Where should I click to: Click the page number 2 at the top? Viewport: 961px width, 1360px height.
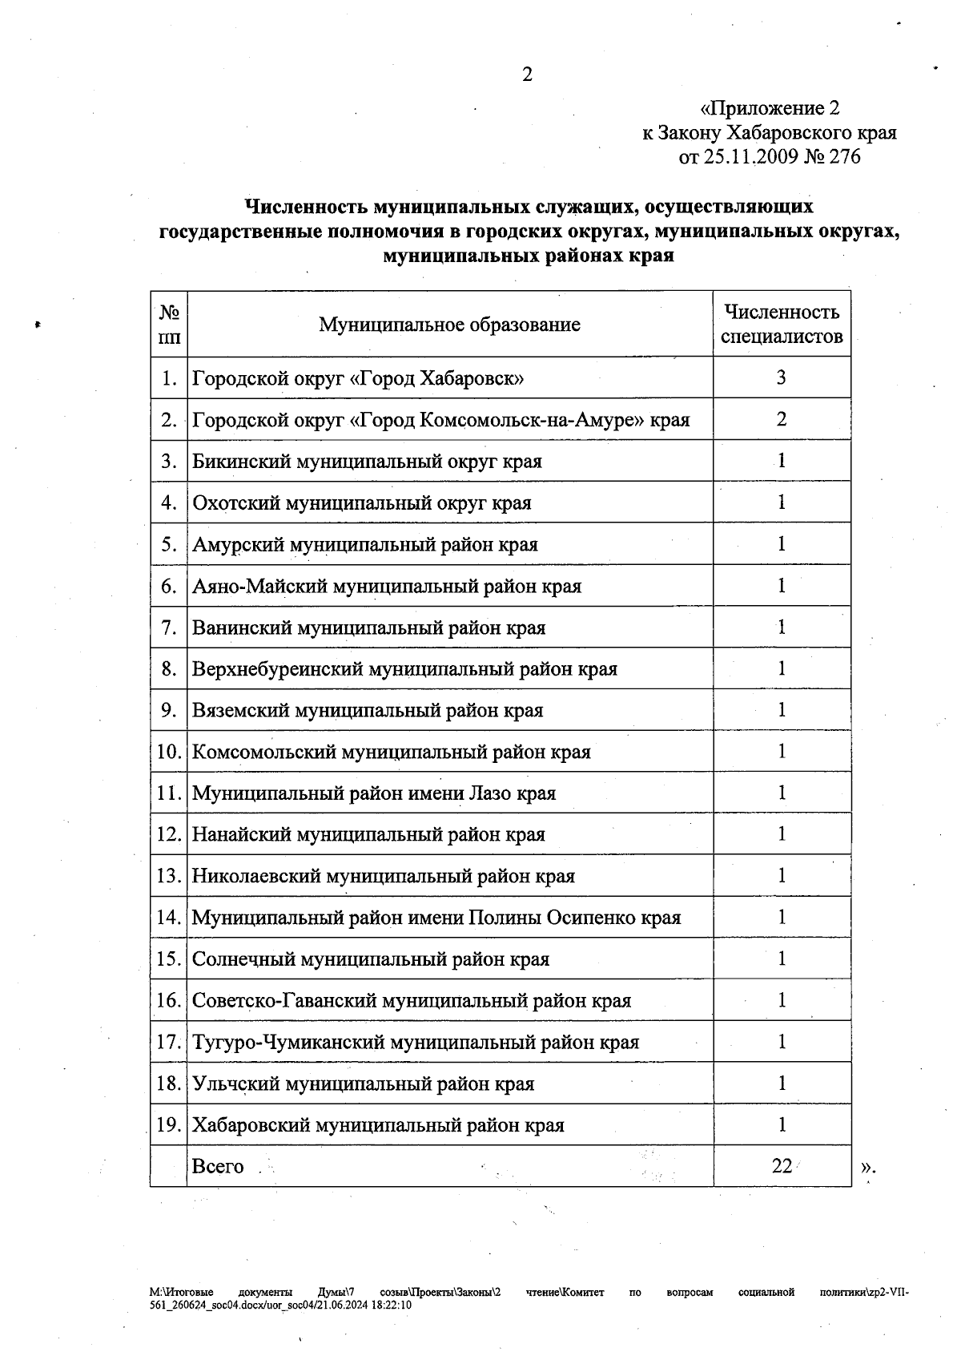[527, 75]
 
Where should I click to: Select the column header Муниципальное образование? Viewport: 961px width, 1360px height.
[449, 325]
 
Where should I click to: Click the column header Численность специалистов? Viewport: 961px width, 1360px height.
[782, 324]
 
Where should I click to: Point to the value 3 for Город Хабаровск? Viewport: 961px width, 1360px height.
[782, 377]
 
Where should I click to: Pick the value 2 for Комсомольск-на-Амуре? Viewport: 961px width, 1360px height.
[782, 418]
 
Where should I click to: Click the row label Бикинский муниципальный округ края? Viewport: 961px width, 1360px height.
[367, 462]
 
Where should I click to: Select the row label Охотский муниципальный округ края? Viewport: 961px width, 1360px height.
[361, 503]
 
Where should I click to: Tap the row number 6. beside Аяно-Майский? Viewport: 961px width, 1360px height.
[168, 586]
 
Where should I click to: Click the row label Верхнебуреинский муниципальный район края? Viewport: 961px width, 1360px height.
[404, 668]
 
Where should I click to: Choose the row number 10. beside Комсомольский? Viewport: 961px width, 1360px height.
[168, 752]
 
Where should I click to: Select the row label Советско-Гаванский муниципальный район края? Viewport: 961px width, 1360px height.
[412, 1001]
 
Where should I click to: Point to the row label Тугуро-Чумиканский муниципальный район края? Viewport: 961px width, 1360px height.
[416, 1043]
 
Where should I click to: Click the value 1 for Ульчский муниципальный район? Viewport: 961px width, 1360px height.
[782, 1083]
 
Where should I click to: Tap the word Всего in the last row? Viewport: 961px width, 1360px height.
[218, 1166]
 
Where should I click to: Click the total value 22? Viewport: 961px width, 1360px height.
[782, 1166]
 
